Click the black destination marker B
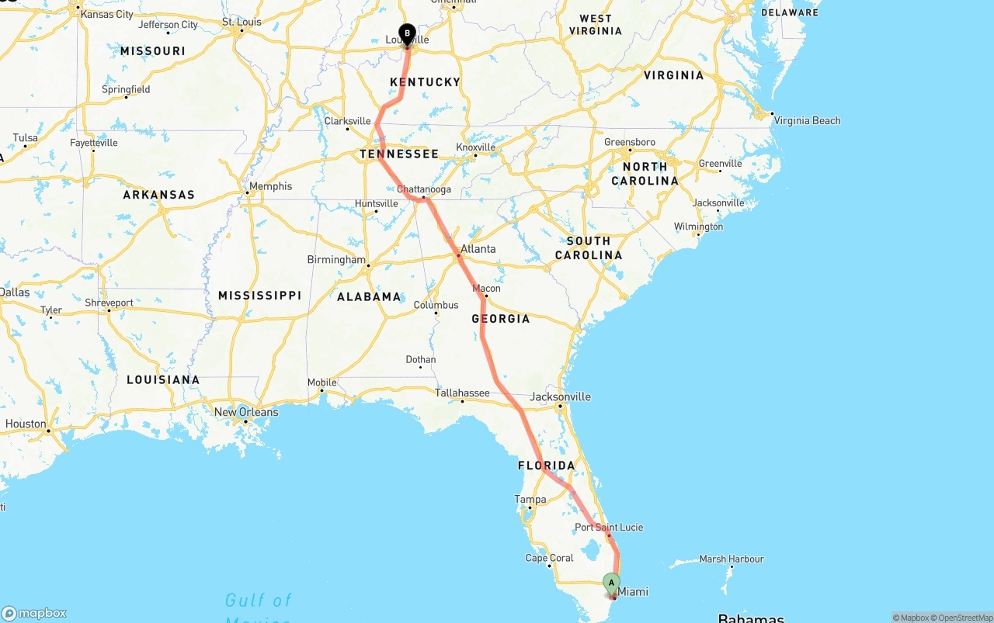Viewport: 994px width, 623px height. coord(407,33)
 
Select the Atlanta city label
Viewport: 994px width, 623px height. coord(478,249)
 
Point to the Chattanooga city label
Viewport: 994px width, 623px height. coord(423,189)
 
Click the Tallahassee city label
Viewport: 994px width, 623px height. coord(462,393)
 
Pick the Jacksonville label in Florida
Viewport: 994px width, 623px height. coord(560,396)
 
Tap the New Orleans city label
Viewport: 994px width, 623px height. coord(246,412)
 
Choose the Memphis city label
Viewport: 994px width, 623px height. coord(271,186)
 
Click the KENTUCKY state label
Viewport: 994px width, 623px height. coord(425,82)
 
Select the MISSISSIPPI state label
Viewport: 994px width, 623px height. coord(259,296)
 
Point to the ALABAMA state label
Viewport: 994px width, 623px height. coord(369,296)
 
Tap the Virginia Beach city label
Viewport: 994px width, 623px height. coord(808,120)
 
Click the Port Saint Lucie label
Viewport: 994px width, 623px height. coord(609,528)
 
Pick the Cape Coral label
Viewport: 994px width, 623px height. coord(549,558)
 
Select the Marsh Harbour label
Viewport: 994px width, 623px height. coord(732,559)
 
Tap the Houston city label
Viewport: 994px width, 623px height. coord(26,424)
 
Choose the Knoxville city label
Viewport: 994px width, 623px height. coord(475,147)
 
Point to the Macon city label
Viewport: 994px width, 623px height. coord(487,289)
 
